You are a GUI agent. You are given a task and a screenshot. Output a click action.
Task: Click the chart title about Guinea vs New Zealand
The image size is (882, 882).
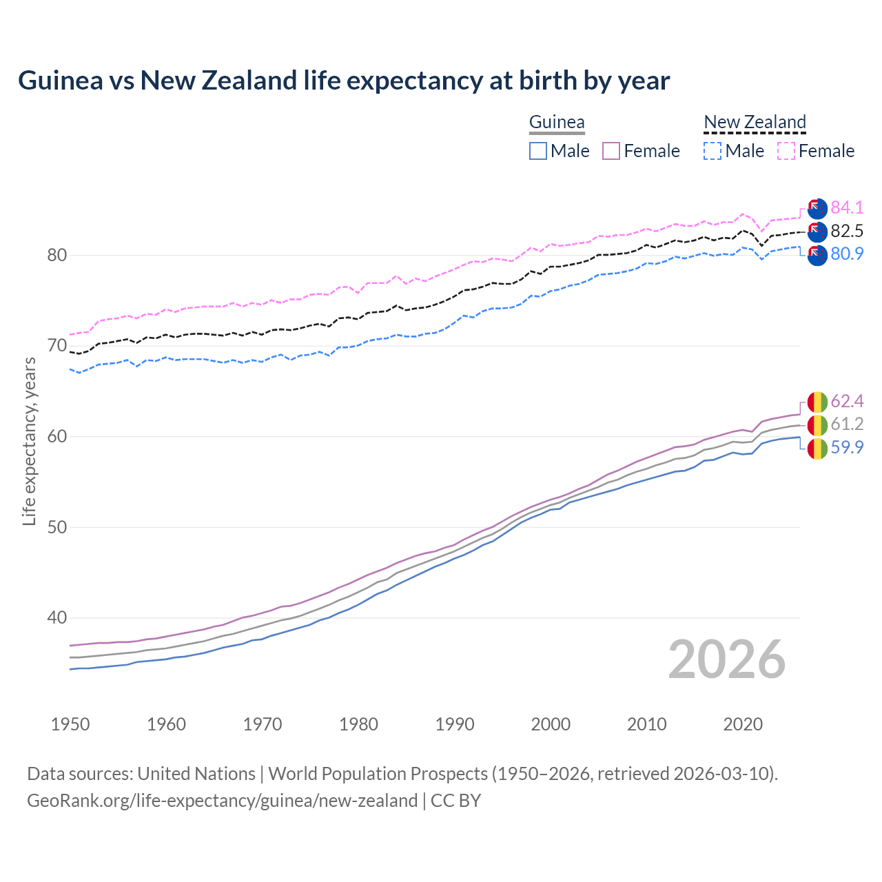click(x=344, y=81)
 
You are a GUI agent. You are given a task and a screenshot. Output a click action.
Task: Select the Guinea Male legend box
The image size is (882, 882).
click(x=538, y=151)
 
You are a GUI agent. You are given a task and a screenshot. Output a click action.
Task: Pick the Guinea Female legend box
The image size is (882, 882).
click(x=611, y=151)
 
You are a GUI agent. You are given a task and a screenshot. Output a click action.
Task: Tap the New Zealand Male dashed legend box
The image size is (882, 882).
click(x=712, y=151)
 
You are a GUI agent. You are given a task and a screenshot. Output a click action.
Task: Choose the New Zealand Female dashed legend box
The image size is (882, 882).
click(x=786, y=151)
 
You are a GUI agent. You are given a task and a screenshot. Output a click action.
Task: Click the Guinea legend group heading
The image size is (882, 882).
click(x=557, y=123)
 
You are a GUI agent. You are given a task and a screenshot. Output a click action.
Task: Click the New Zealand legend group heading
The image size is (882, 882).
click(x=755, y=123)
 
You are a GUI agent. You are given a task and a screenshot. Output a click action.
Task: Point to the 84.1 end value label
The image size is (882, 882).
click(x=847, y=207)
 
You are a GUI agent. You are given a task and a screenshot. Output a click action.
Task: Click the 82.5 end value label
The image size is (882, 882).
click(x=847, y=231)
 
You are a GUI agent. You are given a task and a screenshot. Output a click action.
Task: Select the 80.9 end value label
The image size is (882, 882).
click(x=847, y=254)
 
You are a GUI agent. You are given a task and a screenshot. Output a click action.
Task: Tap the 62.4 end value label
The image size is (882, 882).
click(x=847, y=402)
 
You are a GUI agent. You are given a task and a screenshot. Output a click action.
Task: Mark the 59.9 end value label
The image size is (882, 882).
click(x=847, y=448)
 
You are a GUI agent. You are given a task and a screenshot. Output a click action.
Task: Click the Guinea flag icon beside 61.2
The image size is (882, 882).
click(x=817, y=425)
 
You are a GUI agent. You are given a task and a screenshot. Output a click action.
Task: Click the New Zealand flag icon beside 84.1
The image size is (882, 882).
click(x=817, y=208)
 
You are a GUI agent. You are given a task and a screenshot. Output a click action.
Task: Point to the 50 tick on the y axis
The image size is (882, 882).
click(x=57, y=527)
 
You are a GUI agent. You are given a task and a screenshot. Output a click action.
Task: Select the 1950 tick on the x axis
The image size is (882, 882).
click(x=70, y=724)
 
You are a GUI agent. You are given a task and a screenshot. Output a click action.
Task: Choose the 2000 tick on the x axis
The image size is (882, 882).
click(x=551, y=724)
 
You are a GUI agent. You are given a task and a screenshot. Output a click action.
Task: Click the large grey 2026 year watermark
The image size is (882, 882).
click(x=726, y=659)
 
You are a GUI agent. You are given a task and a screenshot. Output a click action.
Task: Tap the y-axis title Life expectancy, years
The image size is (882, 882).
click(x=29, y=441)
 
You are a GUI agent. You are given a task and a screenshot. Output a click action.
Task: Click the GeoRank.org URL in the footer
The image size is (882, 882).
click(x=222, y=801)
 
